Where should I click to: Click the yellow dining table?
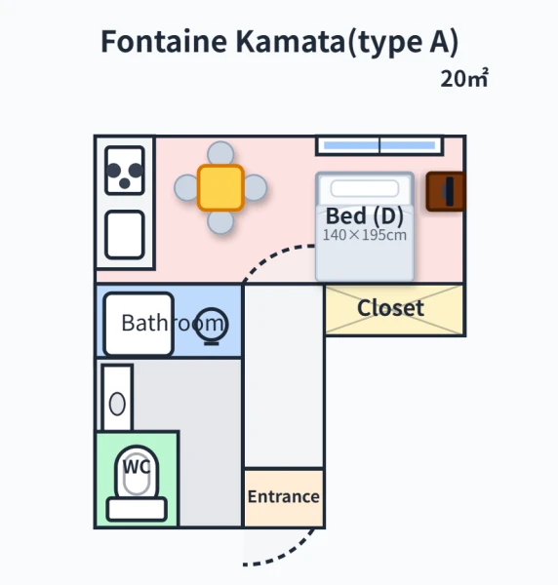click(220, 187)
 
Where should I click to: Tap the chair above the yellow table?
click(220, 152)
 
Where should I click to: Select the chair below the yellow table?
click(220, 222)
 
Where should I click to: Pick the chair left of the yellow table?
click(185, 187)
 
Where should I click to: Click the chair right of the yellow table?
click(256, 187)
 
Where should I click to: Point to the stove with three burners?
click(125, 171)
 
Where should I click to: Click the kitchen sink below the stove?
click(125, 235)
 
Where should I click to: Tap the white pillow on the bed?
click(364, 188)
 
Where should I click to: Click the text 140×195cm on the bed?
click(364, 235)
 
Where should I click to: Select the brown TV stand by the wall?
click(446, 191)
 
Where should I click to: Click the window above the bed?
click(379, 145)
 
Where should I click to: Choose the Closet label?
click(390, 308)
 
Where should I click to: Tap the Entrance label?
click(284, 496)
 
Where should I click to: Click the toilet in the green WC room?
click(137, 484)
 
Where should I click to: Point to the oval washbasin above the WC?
click(117, 404)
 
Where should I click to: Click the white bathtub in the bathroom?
click(139, 324)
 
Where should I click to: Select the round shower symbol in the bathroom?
click(212, 325)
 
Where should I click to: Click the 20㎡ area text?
click(464, 78)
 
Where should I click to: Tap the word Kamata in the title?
click(291, 41)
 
